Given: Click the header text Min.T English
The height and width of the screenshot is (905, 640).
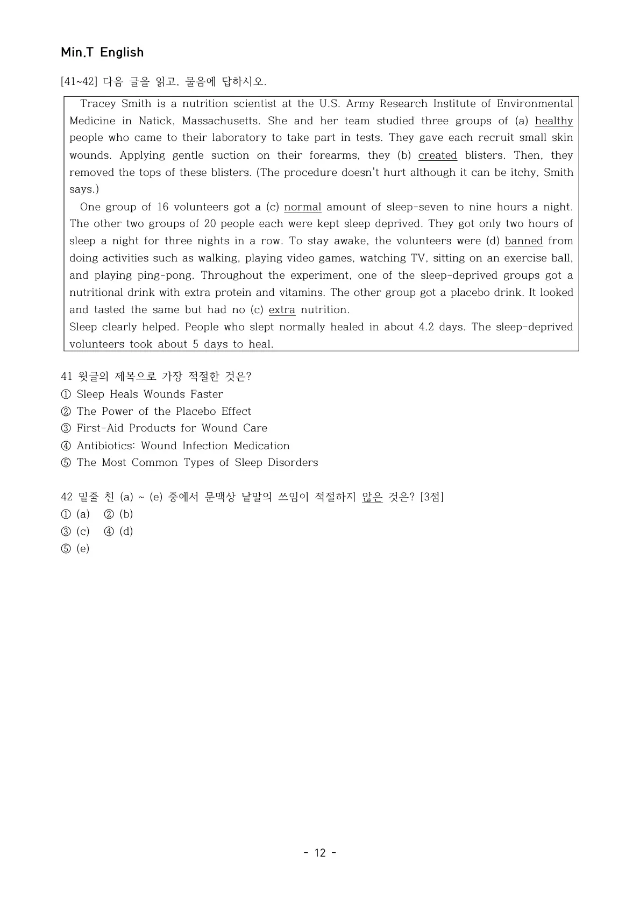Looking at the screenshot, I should point(102,52).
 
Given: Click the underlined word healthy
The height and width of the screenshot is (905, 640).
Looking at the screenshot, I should point(553,121).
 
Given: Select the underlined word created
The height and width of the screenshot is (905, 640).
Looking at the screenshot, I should point(437,155).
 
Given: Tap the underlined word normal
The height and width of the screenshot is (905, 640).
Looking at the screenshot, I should point(302,207).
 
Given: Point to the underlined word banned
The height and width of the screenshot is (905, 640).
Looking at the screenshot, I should point(523,241).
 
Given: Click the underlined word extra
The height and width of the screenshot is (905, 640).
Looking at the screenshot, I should point(282,310).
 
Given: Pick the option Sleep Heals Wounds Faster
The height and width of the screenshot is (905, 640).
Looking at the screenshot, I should point(150,394).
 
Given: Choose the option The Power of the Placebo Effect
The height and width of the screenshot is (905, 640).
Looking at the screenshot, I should point(163,412).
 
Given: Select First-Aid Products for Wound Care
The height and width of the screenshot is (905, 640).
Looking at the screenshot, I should point(172,428).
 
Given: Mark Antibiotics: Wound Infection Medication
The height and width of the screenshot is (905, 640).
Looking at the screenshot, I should point(183,446).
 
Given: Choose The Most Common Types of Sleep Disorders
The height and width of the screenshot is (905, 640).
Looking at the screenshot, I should point(197,463).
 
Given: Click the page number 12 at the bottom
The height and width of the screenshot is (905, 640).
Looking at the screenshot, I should point(320,853).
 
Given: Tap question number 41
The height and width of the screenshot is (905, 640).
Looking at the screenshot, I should point(67,377).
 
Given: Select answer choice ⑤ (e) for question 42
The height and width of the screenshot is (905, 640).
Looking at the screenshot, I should point(76,549).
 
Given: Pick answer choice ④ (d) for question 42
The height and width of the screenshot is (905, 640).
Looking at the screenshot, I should point(119,532).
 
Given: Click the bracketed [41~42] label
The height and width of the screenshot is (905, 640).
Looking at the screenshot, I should point(79,82).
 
